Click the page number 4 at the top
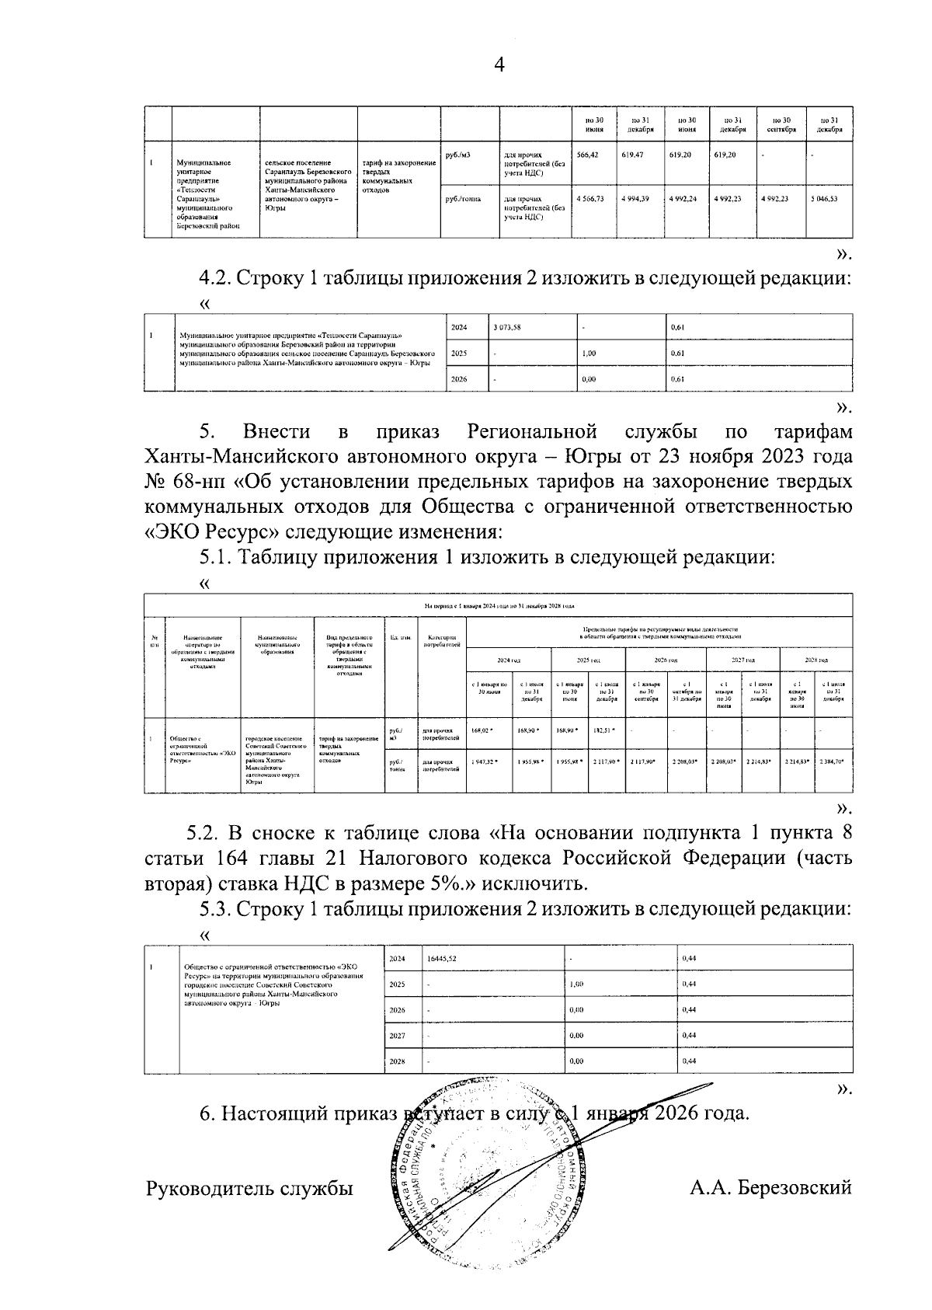pyautogui.click(x=499, y=66)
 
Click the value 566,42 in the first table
pyautogui.click(x=590, y=155)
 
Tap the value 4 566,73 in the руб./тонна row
pyautogui.click(x=590, y=199)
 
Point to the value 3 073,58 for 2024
pyautogui.click(x=506, y=327)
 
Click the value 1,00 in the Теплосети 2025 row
pyautogui.click(x=589, y=353)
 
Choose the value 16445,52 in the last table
pyautogui.click(x=442, y=959)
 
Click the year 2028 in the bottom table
pyautogui.click(x=398, y=1061)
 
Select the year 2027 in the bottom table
pyautogui.click(x=398, y=1035)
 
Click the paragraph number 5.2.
pyautogui.click(x=204, y=834)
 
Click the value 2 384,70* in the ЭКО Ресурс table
pyautogui.click(x=833, y=762)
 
